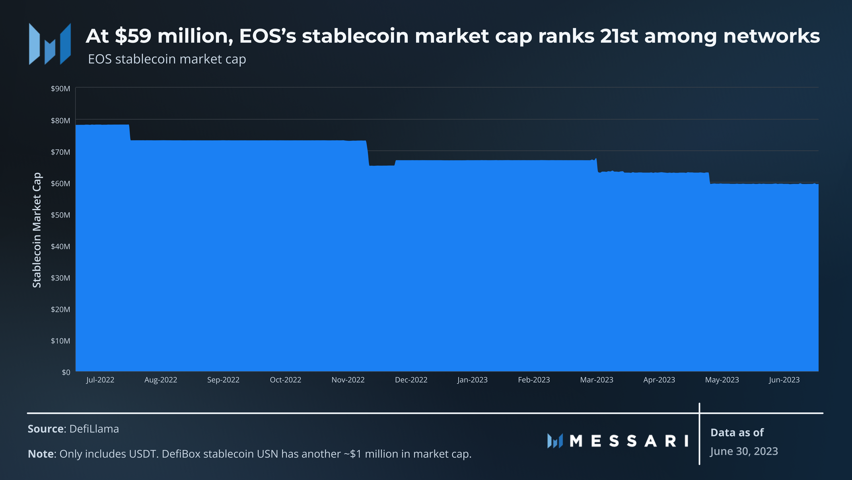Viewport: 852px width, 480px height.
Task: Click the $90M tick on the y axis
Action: coord(60,88)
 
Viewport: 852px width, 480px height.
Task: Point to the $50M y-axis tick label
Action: coord(60,215)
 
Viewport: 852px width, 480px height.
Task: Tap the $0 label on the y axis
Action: coord(66,372)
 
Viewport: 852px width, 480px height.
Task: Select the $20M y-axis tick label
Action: coord(60,310)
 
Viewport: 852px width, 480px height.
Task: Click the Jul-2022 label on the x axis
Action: coord(100,380)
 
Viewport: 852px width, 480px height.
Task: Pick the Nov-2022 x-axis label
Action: coord(348,380)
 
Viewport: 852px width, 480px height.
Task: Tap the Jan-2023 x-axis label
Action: coord(473,380)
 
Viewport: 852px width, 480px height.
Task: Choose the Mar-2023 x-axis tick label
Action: coord(597,380)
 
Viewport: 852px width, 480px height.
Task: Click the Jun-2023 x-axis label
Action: coord(784,380)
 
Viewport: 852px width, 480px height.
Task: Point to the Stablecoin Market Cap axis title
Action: coord(37,230)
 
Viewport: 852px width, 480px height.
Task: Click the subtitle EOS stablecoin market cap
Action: coord(167,59)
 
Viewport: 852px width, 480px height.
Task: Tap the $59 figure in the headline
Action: coord(133,36)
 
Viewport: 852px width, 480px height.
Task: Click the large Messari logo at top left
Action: coord(50,44)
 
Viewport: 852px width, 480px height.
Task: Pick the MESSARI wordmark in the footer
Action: coord(618,441)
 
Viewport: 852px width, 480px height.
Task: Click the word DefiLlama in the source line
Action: coord(94,429)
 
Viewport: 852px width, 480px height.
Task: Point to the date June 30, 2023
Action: coord(744,451)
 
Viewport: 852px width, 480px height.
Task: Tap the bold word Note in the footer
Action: coord(41,454)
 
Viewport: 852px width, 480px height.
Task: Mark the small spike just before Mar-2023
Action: coord(595,159)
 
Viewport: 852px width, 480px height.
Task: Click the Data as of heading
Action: coord(737,433)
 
